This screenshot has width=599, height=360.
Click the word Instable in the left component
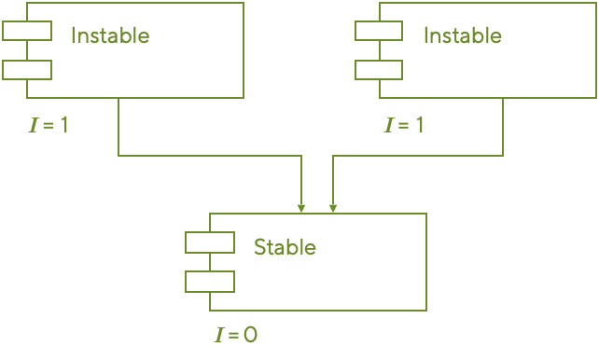coord(110,36)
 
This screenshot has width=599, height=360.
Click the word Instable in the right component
coord(463,36)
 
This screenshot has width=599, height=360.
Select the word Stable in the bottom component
coord(285,247)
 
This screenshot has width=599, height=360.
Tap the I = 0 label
coord(235,334)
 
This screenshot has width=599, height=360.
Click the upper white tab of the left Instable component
coord(27,32)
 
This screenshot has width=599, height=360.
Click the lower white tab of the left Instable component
coord(27,69)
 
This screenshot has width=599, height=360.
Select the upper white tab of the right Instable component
coord(379,32)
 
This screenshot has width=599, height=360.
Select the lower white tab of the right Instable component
coord(379,69)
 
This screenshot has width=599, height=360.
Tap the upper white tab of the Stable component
coord(210,242)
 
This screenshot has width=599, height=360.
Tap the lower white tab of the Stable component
coord(210,281)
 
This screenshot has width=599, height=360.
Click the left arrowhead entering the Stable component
coord(301,207)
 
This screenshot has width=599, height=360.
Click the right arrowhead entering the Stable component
coord(332,207)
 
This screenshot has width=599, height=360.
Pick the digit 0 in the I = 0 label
coord(250,334)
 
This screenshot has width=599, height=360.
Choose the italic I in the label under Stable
coord(219,334)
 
